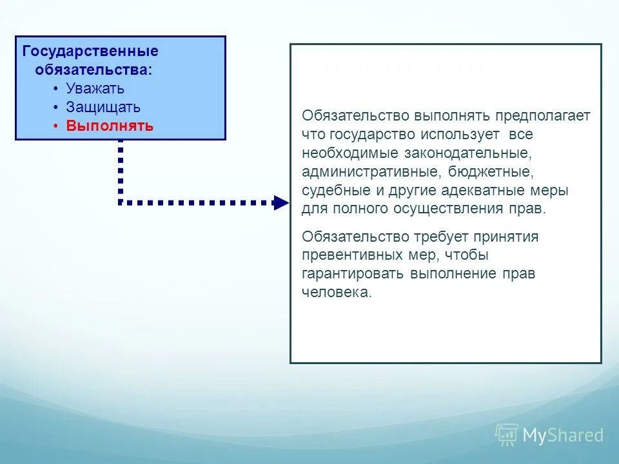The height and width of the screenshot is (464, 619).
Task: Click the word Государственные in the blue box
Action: point(90,51)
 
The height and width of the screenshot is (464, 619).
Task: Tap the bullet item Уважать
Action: point(95,88)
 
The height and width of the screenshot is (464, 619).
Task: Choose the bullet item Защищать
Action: point(103,107)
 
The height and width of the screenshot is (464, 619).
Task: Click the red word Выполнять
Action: point(110,126)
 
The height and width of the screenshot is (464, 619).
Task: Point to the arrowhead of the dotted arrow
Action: point(280,203)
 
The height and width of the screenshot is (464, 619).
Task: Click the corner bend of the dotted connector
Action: point(121,202)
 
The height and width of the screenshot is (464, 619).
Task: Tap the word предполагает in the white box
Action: point(543,116)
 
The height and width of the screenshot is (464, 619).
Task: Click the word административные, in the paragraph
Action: point(371,172)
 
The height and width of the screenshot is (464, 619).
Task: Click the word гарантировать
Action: point(353,273)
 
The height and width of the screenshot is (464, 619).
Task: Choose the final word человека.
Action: point(337,292)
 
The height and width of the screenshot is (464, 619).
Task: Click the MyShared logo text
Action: point(563,436)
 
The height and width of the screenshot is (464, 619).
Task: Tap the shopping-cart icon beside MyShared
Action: point(507,435)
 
